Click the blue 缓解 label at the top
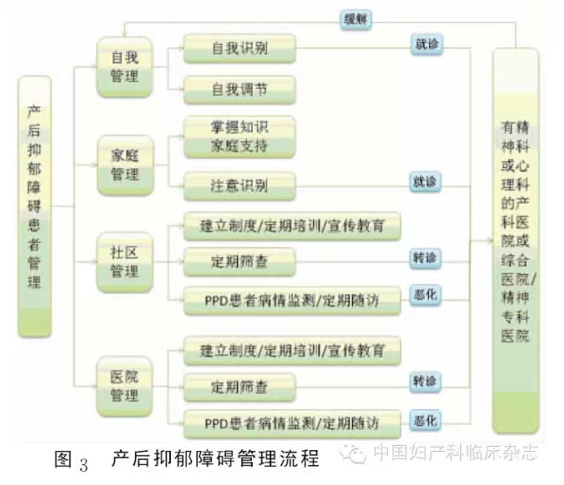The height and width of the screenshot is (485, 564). click(x=356, y=19)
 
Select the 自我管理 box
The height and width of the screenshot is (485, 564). click(x=125, y=67)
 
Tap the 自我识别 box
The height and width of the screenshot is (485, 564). click(x=240, y=48)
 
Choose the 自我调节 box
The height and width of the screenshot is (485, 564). click(x=240, y=90)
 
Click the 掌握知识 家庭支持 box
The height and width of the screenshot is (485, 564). click(x=240, y=137)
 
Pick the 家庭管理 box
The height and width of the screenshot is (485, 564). click(x=126, y=165)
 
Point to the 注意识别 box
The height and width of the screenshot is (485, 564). click(x=240, y=185)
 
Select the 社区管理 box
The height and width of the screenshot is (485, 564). click(x=125, y=262)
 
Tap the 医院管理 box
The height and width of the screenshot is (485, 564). click(x=125, y=387)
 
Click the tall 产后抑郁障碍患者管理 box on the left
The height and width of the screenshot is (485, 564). click(x=35, y=206)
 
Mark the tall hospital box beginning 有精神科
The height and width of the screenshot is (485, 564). click(x=515, y=240)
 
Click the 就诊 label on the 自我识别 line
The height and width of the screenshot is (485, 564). click(x=426, y=44)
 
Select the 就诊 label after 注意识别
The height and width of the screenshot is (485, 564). click(x=425, y=182)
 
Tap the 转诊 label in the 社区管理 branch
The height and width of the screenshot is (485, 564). click(x=425, y=258)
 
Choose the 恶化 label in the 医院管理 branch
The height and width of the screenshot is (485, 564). click(x=425, y=421)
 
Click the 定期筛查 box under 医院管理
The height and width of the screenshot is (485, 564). click(x=240, y=387)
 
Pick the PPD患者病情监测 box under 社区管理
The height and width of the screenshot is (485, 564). click(x=292, y=300)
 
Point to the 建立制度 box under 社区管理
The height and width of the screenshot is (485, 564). click(x=292, y=226)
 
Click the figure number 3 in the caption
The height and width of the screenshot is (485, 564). click(x=84, y=464)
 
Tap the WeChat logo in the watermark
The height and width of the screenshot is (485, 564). click(x=353, y=454)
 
